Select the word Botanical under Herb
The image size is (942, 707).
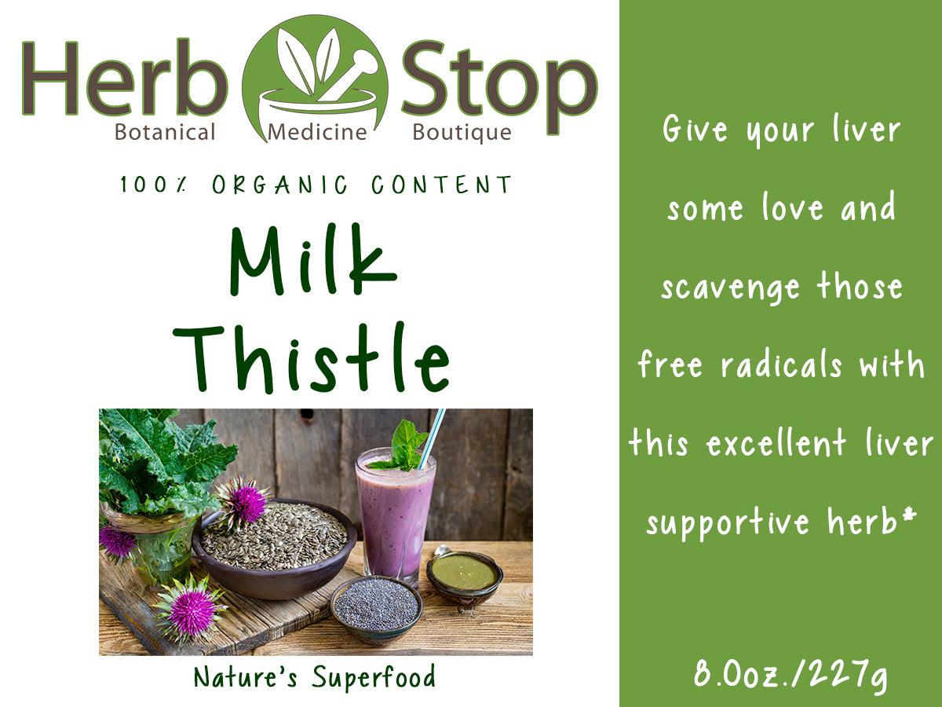(x=165, y=132)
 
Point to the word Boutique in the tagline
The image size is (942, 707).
(x=462, y=132)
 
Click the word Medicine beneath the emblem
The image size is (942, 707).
(x=317, y=132)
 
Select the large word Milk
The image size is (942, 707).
(x=312, y=259)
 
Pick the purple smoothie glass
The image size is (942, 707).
(x=394, y=518)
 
